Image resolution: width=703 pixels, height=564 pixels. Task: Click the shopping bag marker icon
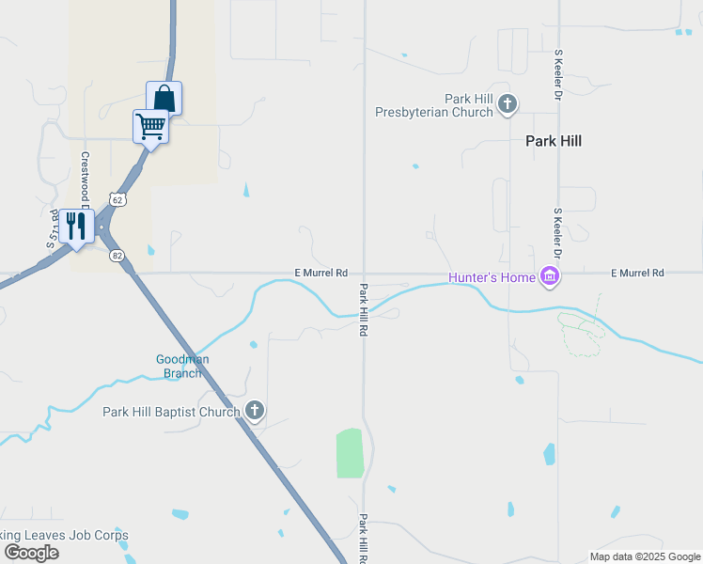click(164, 97)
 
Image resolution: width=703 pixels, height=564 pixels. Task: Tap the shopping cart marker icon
click(150, 125)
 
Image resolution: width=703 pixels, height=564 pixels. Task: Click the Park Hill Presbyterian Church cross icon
click(508, 104)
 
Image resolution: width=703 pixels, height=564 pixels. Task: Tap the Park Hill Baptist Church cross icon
click(255, 411)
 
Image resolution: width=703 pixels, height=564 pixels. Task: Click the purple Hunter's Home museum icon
click(550, 276)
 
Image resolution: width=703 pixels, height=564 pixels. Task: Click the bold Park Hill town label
click(553, 141)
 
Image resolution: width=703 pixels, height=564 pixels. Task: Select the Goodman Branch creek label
click(182, 366)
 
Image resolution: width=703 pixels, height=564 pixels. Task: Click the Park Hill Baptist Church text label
click(171, 412)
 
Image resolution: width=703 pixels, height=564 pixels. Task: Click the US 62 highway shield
click(117, 199)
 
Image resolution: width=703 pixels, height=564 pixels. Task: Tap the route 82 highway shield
click(117, 256)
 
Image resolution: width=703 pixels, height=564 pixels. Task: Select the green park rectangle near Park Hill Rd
click(349, 453)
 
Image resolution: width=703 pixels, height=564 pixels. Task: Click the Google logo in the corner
click(31, 553)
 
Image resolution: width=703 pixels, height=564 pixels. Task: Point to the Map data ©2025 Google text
click(645, 556)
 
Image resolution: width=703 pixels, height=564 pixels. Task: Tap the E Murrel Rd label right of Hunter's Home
click(637, 273)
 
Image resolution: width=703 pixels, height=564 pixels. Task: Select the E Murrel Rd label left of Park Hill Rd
click(321, 273)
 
